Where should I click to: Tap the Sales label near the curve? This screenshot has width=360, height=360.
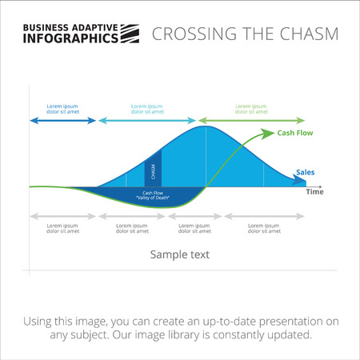305,172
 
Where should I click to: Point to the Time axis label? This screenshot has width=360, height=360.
315,192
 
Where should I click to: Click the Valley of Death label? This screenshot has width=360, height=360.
154,196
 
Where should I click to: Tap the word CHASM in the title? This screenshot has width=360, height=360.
308,34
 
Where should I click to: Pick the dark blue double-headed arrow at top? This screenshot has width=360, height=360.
62,121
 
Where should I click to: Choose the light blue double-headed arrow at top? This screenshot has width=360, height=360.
146,121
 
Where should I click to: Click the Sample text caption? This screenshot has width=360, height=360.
180,255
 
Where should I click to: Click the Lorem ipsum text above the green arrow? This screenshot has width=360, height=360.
251,109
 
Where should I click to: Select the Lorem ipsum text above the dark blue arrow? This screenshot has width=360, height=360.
63,109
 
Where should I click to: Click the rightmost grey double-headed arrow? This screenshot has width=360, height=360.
264,216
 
